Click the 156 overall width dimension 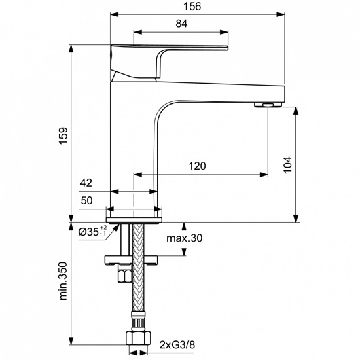click(x=192, y=6)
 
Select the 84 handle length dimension click(x=181, y=24)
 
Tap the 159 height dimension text click(x=63, y=135)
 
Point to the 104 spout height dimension click(x=287, y=164)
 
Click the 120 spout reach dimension click(x=197, y=166)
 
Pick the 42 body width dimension click(x=86, y=183)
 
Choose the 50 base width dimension click(x=86, y=200)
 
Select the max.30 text click(x=184, y=238)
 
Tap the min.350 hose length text click(x=63, y=281)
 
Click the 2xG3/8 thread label click(x=177, y=345)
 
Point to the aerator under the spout click(x=268, y=105)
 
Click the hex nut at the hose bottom click(x=139, y=338)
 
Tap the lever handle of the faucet click(x=169, y=62)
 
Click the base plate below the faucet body click(x=134, y=220)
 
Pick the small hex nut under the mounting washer click(x=125, y=274)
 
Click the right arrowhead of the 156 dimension click(x=281, y=14)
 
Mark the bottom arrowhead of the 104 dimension click(x=296, y=218)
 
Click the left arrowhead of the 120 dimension click(x=138, y=175)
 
